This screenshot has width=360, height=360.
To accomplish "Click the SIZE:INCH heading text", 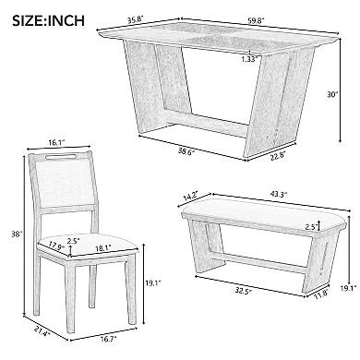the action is (48, 20).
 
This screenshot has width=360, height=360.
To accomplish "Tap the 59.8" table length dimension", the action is (256, 21).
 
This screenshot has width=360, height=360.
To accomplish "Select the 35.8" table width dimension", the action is (136, 20).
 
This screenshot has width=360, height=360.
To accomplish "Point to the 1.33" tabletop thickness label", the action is (248, 59).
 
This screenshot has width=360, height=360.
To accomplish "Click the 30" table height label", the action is (332, 95).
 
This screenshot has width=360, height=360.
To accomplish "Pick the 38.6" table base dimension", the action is (186, 151).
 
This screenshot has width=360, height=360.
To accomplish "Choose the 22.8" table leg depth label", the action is (277, 156).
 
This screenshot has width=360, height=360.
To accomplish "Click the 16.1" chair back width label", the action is (56, 142).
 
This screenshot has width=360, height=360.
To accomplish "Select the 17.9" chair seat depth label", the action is (56, 246).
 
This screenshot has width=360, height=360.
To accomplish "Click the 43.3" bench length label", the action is (279, 195).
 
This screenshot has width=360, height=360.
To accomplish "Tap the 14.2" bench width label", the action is (191, 196).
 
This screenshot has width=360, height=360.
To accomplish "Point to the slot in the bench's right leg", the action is (322, 259).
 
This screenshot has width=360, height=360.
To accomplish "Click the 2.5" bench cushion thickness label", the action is (311, 227).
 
